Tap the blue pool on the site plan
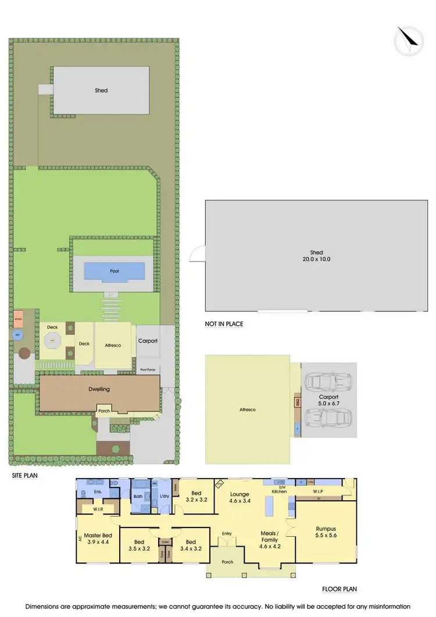click(x=115, y=271)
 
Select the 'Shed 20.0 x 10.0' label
click(x=316, y=256)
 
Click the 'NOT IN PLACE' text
click(x=224, y=324)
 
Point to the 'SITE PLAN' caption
click(x=24, y=475)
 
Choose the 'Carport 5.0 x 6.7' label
click(x=329, y=400)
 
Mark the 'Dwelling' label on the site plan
click(x=99, y=389)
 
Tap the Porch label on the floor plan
click(x=227, y=562)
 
